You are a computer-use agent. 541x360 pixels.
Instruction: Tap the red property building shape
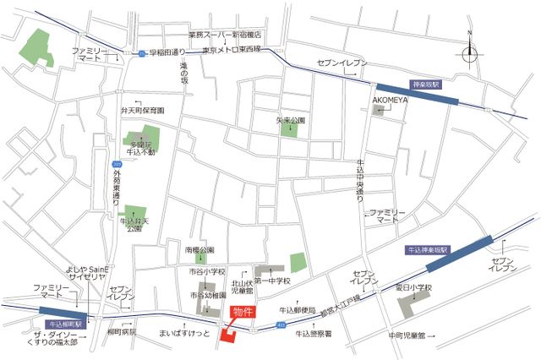[x=229, y=335]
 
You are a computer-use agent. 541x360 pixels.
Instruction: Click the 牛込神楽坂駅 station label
[x=429, y=250]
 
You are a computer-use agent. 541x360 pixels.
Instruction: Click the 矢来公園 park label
[x=290, y=120]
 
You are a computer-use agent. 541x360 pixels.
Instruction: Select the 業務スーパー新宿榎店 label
[x=224, y=35]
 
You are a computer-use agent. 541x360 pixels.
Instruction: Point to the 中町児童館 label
[x=407, y=335]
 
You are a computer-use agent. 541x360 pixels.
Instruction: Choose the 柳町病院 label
[x=122, y=332]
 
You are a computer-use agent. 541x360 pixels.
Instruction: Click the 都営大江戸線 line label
[x=339, y=304]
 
